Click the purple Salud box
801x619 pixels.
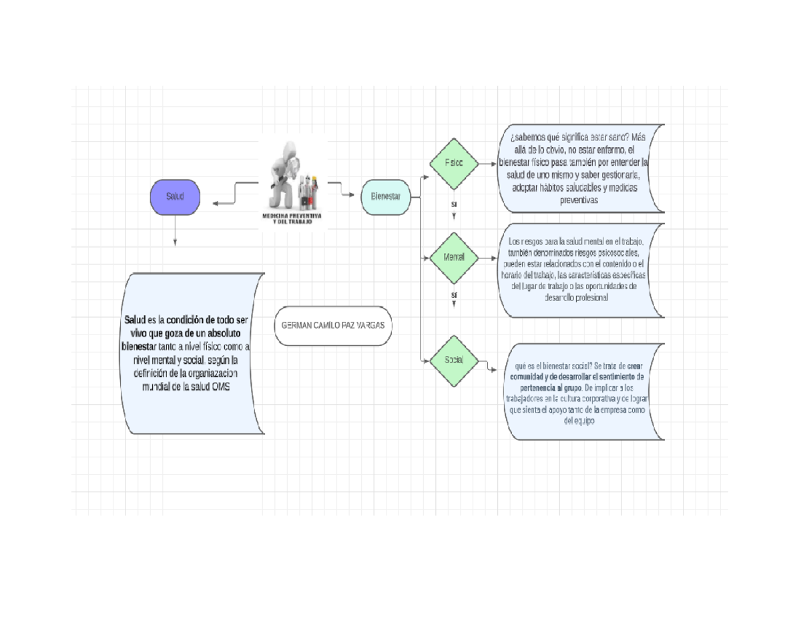(x=175, y=197)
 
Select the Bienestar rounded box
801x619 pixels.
(x=385, y=197)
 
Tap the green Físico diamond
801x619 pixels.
(x=454, y=163)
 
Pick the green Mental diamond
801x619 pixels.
(x=454, y=257)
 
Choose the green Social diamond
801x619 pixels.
(x=454, y=361)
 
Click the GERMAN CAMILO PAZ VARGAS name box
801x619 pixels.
(x=331, y=326)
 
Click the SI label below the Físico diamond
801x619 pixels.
(x=454, y=204)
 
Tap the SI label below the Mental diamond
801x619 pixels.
(x=454, y=294)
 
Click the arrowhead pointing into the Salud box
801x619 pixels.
(x=215, y=204)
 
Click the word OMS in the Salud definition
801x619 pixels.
(x=220, y=387)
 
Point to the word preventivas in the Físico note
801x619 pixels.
(x=579, y=200)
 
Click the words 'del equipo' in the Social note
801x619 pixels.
(x=579, y=421)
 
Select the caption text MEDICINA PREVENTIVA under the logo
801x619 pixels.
(x=292, y=216)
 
